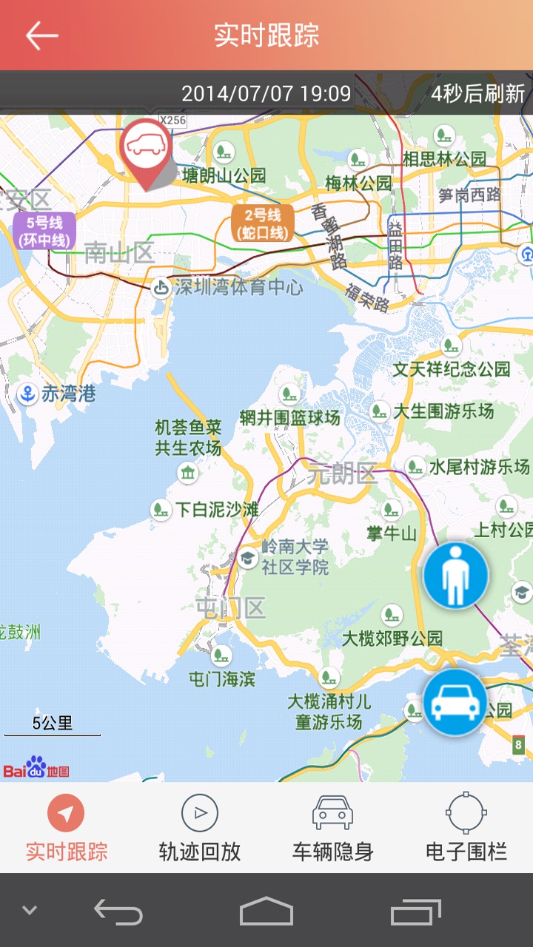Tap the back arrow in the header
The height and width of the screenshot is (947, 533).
click(x=41, y=35)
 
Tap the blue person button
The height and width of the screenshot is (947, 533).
click(x=456, y=576)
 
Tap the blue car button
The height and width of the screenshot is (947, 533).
click(x=456, y=702)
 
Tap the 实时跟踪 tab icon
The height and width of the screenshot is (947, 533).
click(x=66, y=814)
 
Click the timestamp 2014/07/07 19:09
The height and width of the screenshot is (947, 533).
click(x=266, y=94)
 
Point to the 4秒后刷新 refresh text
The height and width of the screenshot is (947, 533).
click(x=478, y=94)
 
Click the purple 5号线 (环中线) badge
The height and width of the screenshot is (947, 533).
click(x=44, y=230)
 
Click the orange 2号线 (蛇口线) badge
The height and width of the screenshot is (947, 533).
click(x=262, y=223)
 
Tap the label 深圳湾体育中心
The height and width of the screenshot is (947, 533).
click(x=238, y=287)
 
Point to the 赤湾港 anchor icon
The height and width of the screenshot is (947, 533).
click(x=27, y=394)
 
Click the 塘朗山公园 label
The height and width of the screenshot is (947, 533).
click(x=224, y=175)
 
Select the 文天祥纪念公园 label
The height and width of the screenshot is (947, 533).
click(x=451, y=368)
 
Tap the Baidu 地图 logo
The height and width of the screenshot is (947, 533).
click(x=36, y=768)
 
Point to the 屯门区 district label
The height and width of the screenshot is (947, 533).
click(x=230, y=608)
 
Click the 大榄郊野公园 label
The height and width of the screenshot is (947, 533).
click(x=392, y=638)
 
